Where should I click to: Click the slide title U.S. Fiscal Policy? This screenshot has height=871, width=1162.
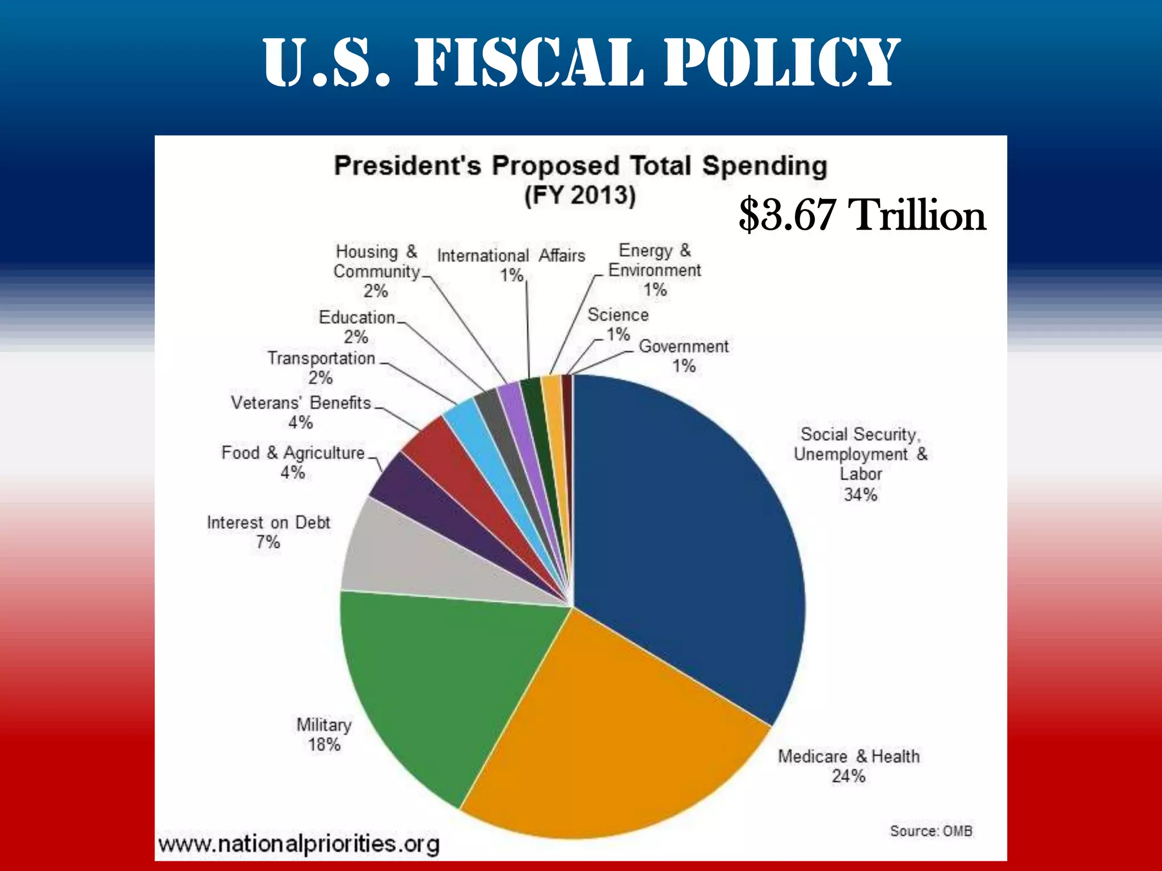tap(581, 62)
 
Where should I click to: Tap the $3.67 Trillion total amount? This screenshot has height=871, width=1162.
tap(862, 215)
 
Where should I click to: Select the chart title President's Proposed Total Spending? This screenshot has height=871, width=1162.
tap(580, 166)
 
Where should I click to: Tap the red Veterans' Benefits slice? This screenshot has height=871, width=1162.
tap(448, 454)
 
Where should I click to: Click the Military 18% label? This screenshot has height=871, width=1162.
tap(324, 734)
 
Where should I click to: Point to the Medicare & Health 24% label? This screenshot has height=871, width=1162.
tap(848, 766)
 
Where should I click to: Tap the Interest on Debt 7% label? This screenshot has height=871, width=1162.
tap(268, 532)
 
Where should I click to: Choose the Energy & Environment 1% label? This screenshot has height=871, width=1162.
tap(654, 270)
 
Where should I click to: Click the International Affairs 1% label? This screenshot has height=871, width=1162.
tap(511, 265)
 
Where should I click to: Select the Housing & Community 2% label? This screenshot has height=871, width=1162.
tap(376, 271)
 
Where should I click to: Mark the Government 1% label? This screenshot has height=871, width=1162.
tap(684, 356)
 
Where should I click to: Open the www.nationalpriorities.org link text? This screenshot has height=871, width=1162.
tap(298, 843)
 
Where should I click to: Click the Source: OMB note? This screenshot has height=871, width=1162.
tap(931, 831)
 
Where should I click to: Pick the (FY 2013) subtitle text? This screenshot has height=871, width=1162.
tap(580, 196)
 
